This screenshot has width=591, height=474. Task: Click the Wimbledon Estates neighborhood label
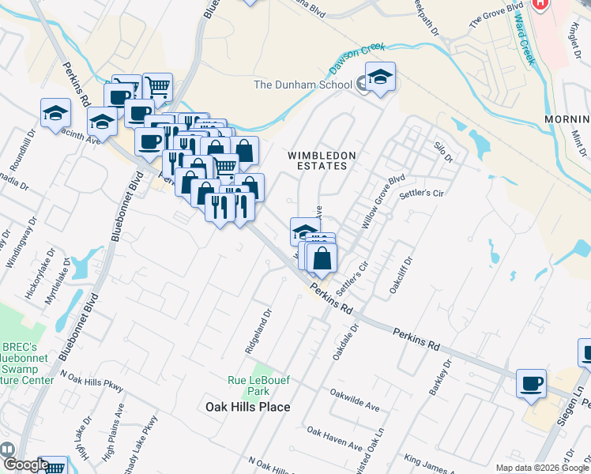(322, 160)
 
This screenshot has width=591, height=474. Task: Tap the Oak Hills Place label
(247, 407)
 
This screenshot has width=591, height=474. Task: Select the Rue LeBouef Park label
(259, 386)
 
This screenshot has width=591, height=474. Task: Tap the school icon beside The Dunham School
(381, 78)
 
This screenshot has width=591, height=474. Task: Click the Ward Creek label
(524, 39)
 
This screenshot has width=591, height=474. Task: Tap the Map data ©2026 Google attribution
(542, 468)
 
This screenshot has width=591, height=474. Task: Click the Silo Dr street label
(442, 152)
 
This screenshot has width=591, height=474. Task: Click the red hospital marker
(540, 4)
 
